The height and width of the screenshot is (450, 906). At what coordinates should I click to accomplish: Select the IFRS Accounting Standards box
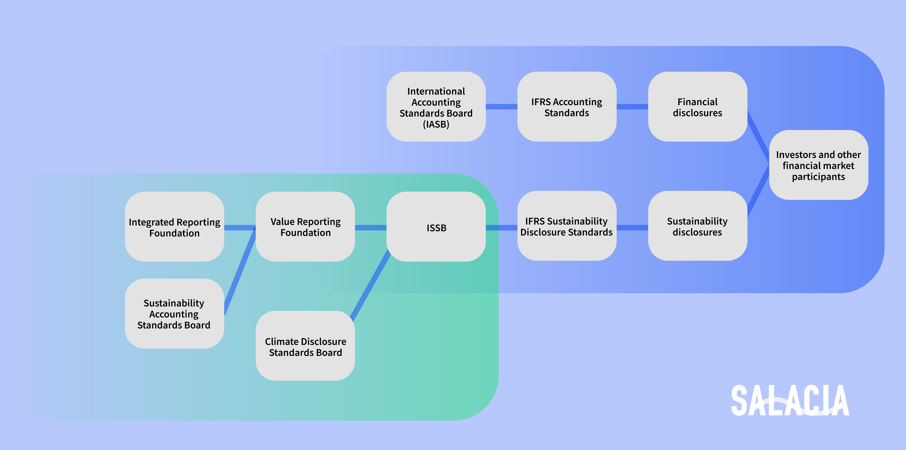pos(567,107)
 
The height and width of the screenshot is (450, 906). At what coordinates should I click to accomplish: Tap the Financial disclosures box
pos(697,107)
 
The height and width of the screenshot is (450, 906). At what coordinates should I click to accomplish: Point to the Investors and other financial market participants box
pos(818,165)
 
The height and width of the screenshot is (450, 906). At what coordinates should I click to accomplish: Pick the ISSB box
pos(436,227)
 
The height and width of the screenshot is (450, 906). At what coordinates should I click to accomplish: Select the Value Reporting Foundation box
pos(305,227)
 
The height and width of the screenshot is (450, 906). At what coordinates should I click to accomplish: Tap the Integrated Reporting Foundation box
pos(174,227)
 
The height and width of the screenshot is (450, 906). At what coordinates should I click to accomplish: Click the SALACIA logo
pos(790,400)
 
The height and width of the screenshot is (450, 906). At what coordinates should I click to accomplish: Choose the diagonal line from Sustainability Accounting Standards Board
pos(240,271)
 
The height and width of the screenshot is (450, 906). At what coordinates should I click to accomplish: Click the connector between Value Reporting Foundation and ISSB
pos(371,228)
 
